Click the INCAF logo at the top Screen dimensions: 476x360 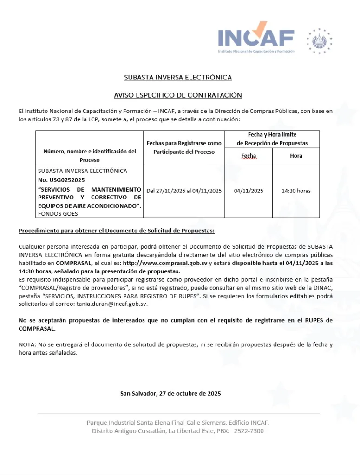[256, 37]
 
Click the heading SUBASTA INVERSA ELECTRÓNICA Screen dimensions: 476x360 [178, 77]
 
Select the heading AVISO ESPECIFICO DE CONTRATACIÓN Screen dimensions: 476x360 [178, 95]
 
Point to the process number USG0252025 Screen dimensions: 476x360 [61, 180]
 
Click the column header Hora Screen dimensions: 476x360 [296, 156]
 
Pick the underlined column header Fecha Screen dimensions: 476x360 [249, 156]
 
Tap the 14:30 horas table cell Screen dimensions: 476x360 [296, 191]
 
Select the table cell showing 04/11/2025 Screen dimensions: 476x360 [249, 191]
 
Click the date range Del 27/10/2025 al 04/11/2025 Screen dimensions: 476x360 [184, 191]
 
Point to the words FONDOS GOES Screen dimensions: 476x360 [58, 213]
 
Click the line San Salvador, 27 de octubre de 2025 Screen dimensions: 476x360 [170, 393]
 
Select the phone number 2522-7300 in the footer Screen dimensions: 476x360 [249, 431]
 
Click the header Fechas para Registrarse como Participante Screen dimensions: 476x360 [184, 147]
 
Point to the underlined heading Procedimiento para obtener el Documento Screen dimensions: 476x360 [116, 231]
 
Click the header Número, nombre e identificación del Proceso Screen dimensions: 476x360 [90, 155]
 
